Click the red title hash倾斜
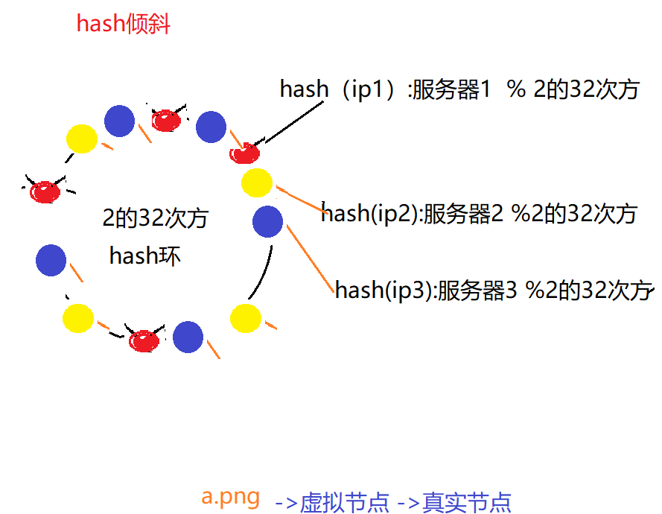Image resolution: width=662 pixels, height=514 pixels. [x=124, y=24]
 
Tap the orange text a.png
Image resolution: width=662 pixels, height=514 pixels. [x=230, y=496]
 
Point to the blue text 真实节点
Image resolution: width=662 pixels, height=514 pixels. [x=467, y=502]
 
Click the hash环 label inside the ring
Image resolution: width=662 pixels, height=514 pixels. [x=144, y=256]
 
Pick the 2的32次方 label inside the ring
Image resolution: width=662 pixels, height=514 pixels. [x=155, y=218]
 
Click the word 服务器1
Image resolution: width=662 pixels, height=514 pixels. [x=451, y=90]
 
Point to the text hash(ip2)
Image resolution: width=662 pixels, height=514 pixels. [x=371, y=214]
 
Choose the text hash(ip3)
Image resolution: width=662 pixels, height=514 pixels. [x=384, y=290]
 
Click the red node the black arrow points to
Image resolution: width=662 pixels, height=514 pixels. [x=244, y=153]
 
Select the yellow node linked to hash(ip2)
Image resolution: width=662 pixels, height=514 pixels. [x=257, y=183]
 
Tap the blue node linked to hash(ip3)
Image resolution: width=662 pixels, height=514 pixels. [x=267, y=221]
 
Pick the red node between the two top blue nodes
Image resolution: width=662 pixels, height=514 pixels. [x=165, y=120]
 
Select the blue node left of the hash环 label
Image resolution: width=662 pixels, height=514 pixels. [x=51, y=260]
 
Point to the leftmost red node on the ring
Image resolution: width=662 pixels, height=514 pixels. [x=45, y=191]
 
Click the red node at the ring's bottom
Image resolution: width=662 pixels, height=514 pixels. [x=144, y=341]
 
